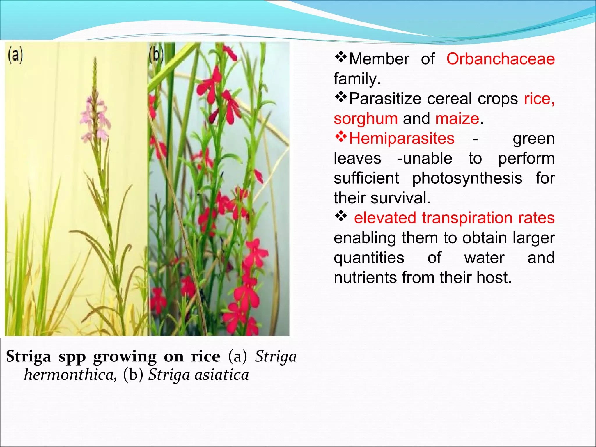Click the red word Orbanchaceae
pos(500,59)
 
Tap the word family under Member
pos(357,79)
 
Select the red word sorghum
pos(366,119)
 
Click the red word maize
pos(457,119)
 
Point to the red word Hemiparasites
pos(402,139)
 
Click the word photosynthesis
pos(467,178)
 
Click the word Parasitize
pos(385,99)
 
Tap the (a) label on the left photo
pos(15,55)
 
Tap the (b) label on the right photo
pos(156,55)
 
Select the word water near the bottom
pos(484,258)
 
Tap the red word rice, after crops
pos(539,99)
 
